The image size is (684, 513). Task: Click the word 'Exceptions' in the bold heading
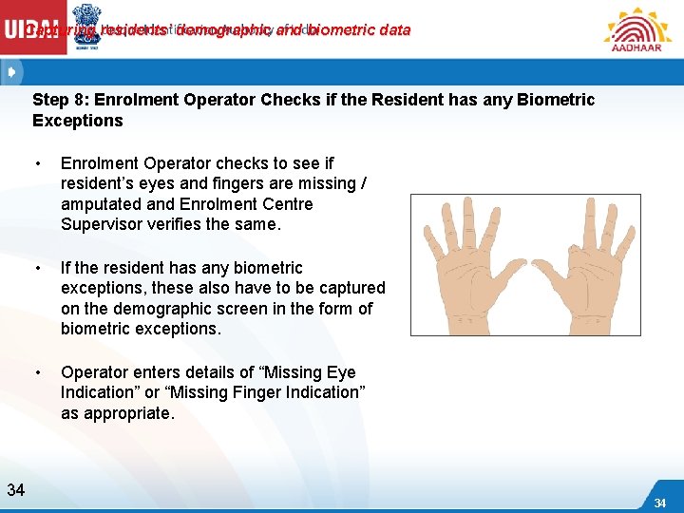(78, 121)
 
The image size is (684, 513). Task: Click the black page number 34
(15, 490)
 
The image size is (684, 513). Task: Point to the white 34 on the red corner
(660, 503)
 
